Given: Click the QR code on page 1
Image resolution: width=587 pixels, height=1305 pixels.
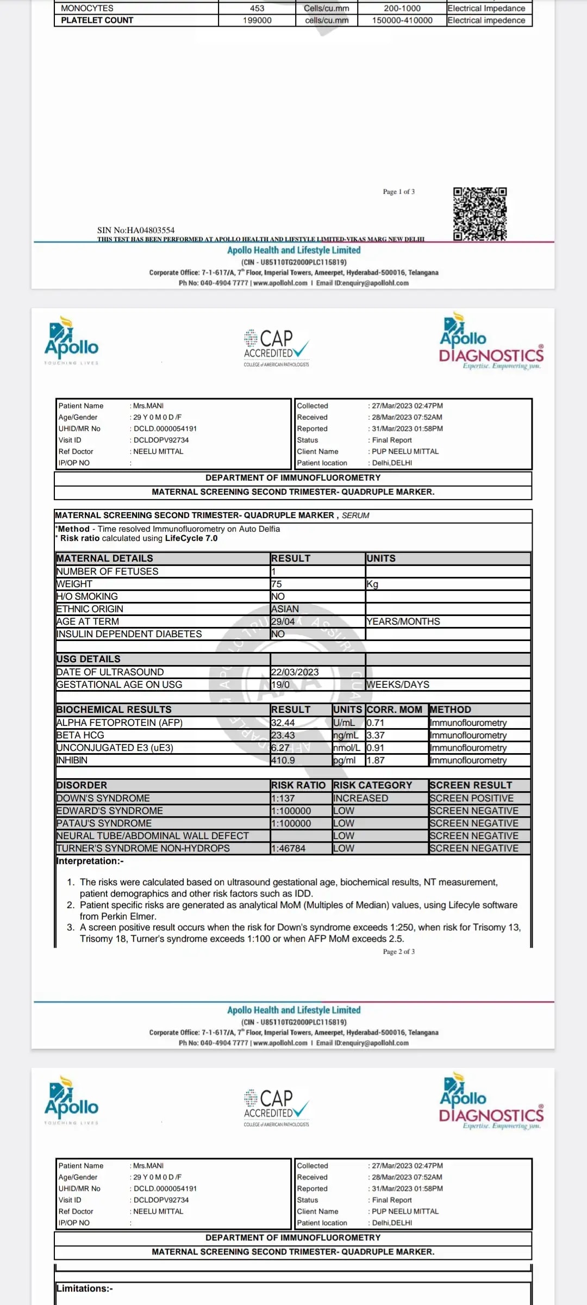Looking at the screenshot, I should point(480,214).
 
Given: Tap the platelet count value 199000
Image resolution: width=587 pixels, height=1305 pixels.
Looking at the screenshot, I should point(257,20).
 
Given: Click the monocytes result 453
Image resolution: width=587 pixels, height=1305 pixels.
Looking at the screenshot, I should point(257,8).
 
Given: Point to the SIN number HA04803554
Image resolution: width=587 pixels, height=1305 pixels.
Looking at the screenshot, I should point(136,230).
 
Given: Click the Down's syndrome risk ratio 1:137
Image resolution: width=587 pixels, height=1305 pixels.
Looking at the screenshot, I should point(283,798).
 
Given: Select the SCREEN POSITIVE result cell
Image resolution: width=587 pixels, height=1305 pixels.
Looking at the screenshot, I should point(471,798).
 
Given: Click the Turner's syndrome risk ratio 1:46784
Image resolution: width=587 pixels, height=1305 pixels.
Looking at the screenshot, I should point(289,848).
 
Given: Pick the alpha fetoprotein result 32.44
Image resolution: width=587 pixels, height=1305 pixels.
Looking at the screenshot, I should point(283,723).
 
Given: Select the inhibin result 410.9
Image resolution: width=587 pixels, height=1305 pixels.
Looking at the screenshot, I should point(283,760).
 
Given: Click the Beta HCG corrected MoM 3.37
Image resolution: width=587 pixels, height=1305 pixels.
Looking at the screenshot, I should point(376,735).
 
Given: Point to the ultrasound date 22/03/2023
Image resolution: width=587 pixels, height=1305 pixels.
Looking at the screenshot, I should point(295,672).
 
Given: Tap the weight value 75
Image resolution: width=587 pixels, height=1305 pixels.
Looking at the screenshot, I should point(277,584).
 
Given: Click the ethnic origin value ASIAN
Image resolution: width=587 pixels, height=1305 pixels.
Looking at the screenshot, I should point(285,609).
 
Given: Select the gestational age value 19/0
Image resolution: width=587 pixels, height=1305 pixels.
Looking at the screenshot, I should point(280,685).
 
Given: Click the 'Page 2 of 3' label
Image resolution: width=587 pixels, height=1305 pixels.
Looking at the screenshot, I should point(398,952).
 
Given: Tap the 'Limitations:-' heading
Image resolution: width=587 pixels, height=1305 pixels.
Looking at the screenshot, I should point(85,1288).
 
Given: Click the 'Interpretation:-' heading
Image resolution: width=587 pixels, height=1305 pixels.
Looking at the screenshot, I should point(90,861).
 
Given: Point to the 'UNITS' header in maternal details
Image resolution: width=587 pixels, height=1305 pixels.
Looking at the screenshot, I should point(381,558).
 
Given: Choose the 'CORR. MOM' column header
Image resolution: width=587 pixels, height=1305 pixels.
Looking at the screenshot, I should point(395,710).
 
